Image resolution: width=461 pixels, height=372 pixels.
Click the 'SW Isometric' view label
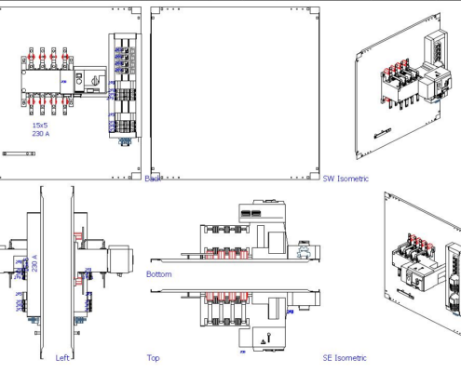(x=346, y=179)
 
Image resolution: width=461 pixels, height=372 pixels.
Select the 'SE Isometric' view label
(x=345, y=357)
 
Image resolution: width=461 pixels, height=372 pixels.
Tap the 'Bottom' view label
(x=158, y=274)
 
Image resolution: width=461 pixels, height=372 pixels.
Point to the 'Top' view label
(x=153, y=357)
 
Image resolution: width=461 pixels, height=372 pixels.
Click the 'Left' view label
(x=62, y=357)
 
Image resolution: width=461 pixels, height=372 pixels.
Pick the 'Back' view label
(x=153, y=179)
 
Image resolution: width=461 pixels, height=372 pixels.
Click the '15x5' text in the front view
(x=40, y=125)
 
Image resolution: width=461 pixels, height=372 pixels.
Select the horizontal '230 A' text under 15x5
(x=41, y=134)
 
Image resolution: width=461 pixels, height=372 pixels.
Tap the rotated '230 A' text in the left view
(x=35, y=263)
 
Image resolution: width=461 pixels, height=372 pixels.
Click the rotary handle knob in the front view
(x=93, y=82)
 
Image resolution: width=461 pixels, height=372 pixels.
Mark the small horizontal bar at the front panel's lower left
(x=19, y=153)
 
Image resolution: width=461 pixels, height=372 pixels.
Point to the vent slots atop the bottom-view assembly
(x=251, y=213)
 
